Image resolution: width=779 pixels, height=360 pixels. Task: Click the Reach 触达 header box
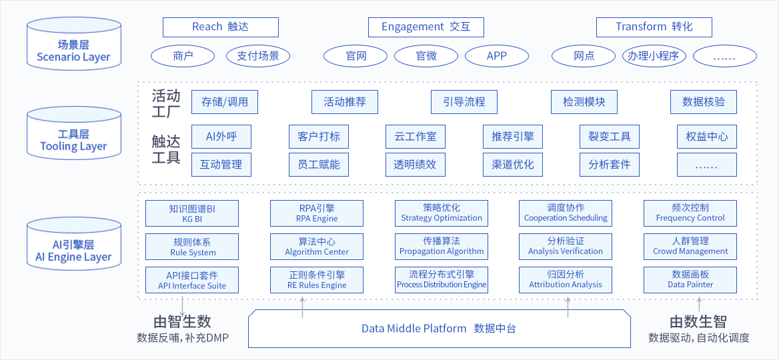pos(220,27)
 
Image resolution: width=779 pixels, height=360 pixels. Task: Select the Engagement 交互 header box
pos(426,27)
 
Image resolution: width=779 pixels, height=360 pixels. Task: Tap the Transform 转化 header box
pos(654,27)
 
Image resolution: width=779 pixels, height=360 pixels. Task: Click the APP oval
pos(497,56)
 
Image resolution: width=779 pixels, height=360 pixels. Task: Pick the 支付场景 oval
pos(258,56)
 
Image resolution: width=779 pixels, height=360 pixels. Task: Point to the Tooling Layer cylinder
pos(73,133)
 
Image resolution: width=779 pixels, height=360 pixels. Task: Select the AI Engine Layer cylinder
pos(73,244)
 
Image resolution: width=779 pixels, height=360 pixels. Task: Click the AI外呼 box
pos(221,137)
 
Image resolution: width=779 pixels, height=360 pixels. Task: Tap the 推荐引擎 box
pos(513,137)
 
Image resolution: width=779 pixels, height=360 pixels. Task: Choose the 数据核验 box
pos(703,102)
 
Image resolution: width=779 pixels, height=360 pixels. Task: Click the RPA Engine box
pos(317,213)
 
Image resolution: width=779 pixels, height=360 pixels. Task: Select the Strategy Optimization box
pos(442,213)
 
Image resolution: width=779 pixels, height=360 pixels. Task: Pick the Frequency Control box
pos(690,213)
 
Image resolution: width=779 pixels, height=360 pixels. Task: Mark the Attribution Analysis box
pos(566,279)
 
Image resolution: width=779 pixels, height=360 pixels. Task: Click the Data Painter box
pos(690,279)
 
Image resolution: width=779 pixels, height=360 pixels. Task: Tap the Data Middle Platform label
pos(438,329)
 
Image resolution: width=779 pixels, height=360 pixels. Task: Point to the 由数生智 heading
pos(698,321)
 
